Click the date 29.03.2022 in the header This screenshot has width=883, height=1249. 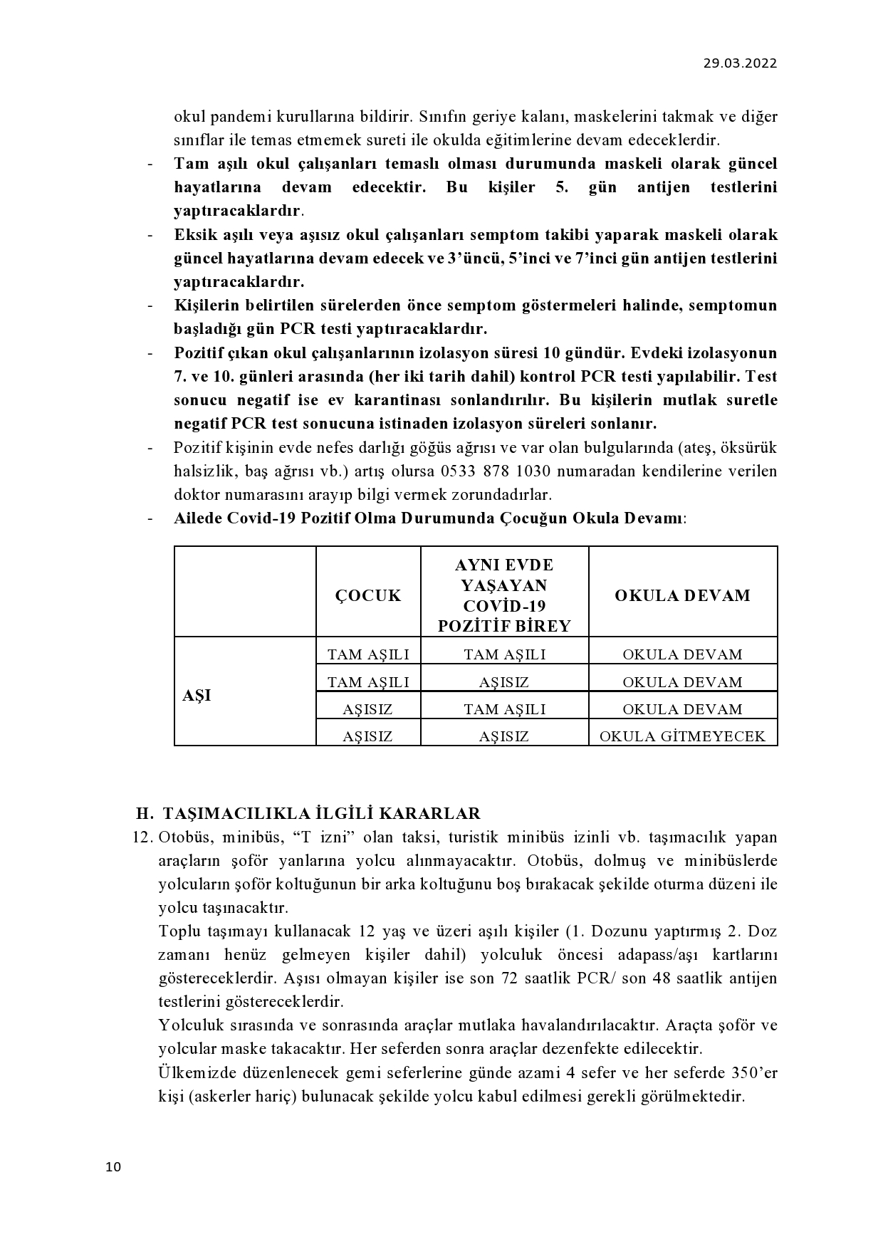click(740, 63)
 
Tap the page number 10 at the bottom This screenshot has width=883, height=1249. click(113, 1166)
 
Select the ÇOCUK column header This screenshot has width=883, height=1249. click(368, 595)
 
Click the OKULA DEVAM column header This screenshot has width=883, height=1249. click(682, 595)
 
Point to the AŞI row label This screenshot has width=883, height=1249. click(197, 696)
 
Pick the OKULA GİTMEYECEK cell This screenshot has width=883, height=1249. click(682, 736)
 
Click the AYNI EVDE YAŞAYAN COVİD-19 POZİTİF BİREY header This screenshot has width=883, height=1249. click(504, 595)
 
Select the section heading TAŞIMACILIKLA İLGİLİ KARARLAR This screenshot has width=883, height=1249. click(321, 813)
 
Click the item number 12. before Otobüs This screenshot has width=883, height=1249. click(143, 837)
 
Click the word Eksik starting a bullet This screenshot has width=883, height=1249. click(193, 235)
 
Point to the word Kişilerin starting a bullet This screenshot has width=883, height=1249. click(205, 305)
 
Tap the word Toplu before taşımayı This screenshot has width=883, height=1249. click(178, 931)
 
